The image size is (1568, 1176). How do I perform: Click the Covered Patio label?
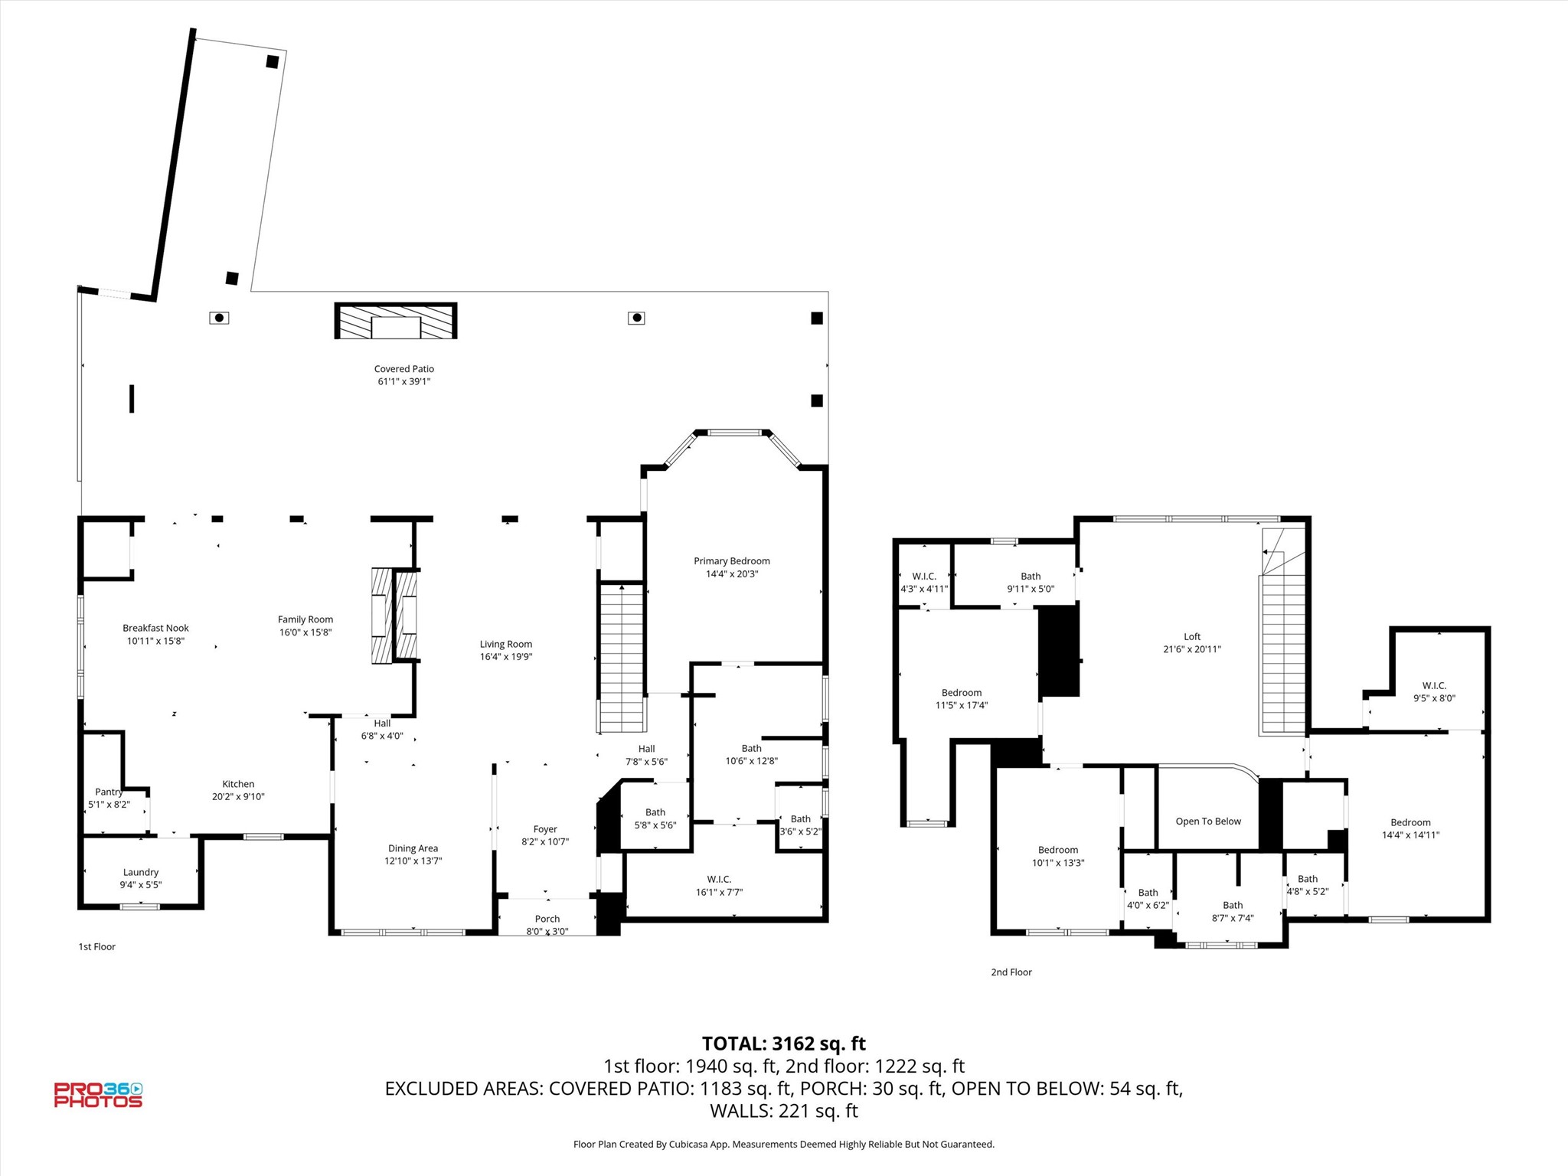point(403,369)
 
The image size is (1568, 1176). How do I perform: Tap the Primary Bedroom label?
point(731,561)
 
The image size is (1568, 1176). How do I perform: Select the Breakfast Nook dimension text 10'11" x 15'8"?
point(155,641)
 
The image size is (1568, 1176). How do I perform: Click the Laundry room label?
point(141,872)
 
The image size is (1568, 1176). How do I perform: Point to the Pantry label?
point(109,792)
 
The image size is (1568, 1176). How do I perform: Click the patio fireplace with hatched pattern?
point(396,321)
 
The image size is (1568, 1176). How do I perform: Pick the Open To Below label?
point(1208,822)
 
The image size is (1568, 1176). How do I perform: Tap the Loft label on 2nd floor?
point(1192,636)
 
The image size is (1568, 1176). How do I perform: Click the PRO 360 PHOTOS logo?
point(98,1095)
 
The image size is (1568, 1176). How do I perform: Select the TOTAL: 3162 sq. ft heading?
point(783,1044)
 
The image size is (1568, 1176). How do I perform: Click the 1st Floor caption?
point(97,946)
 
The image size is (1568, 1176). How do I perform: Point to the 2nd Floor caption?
point(1011,972)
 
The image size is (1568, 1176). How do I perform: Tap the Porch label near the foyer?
point(547,919)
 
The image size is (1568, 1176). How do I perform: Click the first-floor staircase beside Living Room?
point(622,658)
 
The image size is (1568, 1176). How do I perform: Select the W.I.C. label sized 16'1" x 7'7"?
point(719,879)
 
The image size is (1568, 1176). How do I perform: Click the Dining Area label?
point(413,848)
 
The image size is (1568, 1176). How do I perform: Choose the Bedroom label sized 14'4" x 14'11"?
point(1410,822)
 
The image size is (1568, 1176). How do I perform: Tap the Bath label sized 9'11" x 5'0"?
point(1031,577)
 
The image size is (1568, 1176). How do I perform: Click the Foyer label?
point(545,829)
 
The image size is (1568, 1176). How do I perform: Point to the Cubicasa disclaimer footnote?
point(783,1144)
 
